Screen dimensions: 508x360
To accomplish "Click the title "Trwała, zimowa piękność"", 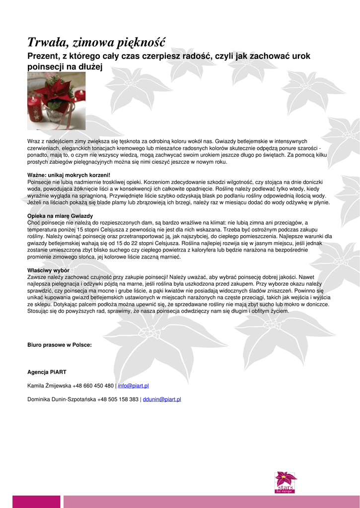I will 96,41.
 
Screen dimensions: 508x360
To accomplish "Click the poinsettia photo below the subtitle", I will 56,101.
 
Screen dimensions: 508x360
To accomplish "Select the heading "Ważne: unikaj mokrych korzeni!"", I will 69,175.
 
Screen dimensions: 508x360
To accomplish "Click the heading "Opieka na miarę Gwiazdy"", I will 60,216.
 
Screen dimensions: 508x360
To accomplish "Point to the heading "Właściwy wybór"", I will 48,270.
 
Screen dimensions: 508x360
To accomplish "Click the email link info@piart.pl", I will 134,385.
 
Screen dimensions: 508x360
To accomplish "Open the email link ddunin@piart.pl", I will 161,399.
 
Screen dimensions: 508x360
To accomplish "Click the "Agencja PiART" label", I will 47,372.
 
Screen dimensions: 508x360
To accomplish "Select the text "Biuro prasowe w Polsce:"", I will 60,345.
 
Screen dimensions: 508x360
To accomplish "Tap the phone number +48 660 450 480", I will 93,385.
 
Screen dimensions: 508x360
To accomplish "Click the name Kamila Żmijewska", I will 49,385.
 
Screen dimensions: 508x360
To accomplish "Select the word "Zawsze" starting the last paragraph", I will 36,277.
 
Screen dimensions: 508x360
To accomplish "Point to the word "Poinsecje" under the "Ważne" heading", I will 39,182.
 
